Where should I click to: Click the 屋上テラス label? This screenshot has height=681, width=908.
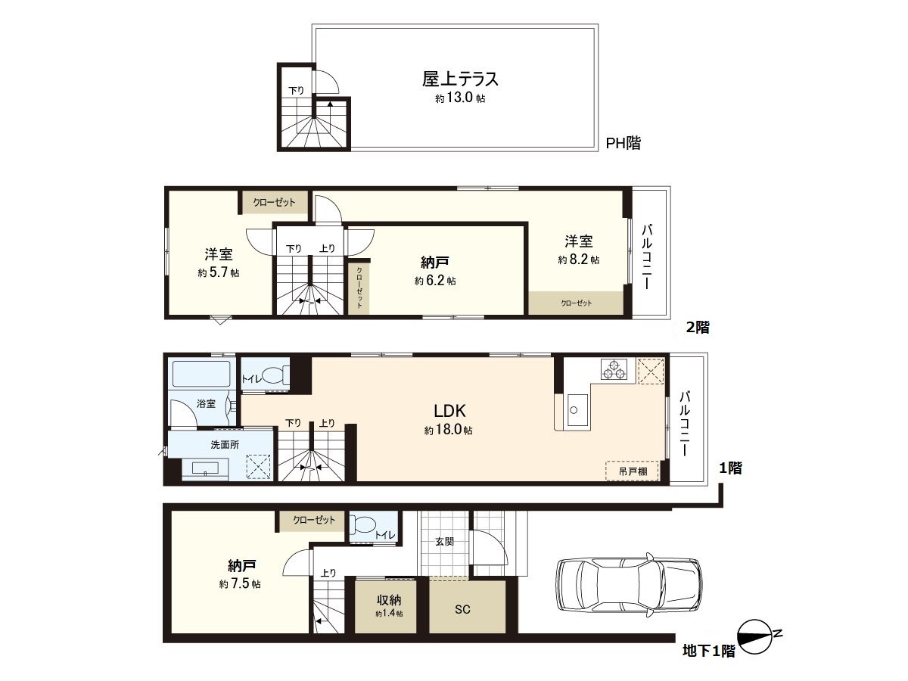point(459,79)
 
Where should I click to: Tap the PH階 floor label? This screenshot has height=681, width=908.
point(623,143)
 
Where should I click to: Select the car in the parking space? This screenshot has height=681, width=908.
point(627,584)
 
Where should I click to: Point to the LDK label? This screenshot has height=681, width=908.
point(449,412)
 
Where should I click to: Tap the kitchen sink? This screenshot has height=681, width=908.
point(573,412)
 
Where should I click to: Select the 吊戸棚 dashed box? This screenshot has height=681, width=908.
point(632,471)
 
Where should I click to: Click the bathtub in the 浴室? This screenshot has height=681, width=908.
point(201,374)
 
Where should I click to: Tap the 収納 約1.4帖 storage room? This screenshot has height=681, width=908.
point(388,605)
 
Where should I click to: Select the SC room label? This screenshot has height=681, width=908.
point(463,609)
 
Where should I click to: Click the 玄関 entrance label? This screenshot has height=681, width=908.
point(443,542)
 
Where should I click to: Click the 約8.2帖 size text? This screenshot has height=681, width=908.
point(579,260)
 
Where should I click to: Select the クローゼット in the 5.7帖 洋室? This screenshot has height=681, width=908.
point(275,202)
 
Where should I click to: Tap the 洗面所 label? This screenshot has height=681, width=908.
point(225,445)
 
